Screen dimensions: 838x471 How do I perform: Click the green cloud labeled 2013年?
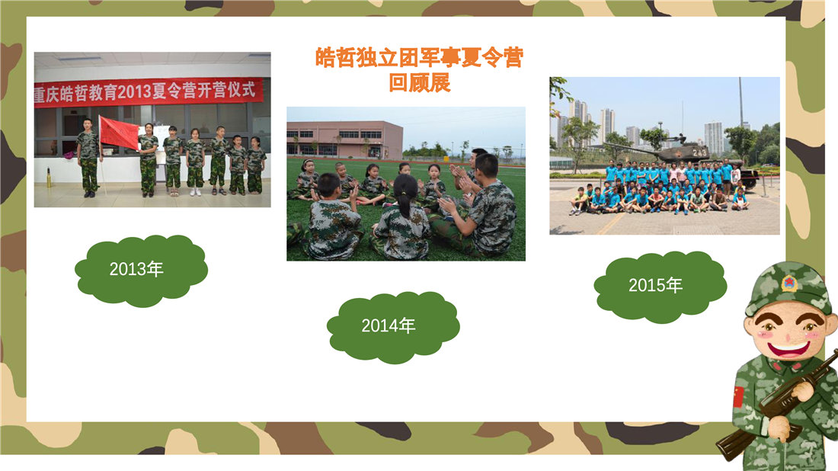(x=141, y=271)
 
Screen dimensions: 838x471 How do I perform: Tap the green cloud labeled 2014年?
(x=393, y=327)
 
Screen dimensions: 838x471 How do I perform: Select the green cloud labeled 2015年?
(x=660, y=287)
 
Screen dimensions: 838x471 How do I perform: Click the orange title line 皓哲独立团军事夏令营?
(x=419, y=57)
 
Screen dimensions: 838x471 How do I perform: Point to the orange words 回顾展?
(x=420, y=82)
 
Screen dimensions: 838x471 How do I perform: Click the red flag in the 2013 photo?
(x=119, y=133)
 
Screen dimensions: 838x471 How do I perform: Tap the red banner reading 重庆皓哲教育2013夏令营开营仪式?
(x=149, y=92)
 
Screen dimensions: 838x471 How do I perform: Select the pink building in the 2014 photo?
(x=344, y=139)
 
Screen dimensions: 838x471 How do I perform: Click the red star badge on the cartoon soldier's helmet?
(x=788, y=283)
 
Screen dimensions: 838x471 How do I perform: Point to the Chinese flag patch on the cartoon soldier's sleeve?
(x=739, y=396)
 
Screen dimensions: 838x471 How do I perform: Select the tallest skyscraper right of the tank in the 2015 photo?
(x=714, y=139)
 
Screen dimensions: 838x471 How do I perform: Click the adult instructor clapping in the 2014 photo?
(x=481, y=210)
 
